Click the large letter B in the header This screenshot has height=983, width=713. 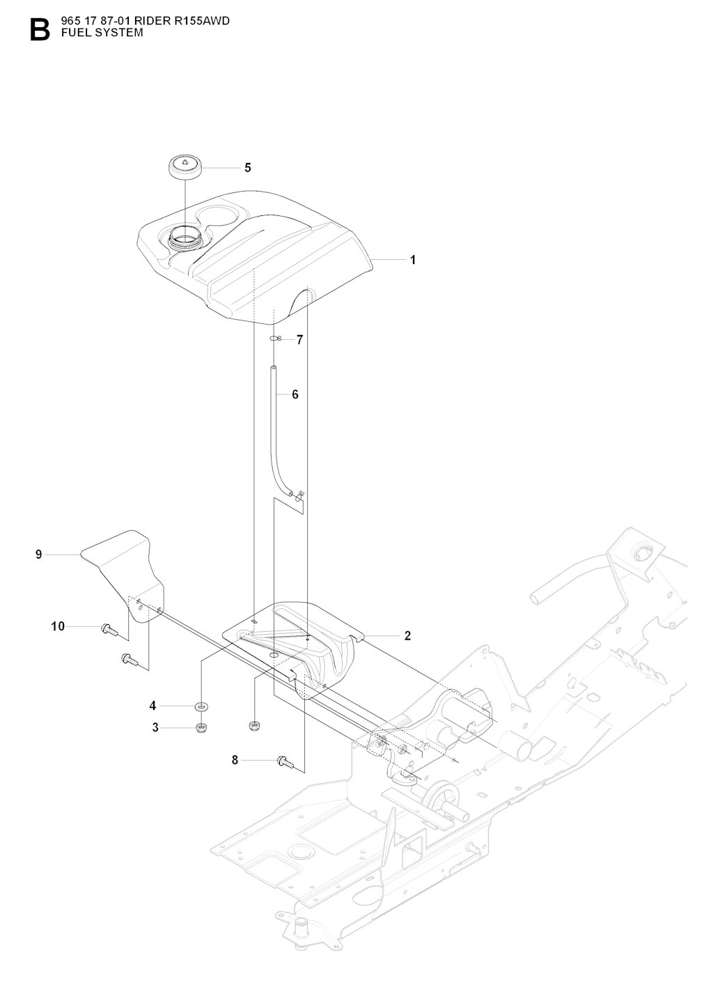click(x=40, y=30)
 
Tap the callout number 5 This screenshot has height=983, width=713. click(x=247, y=168)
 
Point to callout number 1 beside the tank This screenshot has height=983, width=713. click(x=413, y=260)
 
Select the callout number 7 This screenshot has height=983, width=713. click(x=299, y=340)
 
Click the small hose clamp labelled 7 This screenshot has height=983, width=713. click(x=274, y=339)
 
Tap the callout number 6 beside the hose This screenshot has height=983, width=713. click(x=295, y=394)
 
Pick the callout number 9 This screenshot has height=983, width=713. click(x=39, y=555)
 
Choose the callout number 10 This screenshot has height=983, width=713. click(x=58, y=626)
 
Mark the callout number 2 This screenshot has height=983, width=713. click(x=407, y=635)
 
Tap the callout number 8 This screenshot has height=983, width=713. click(x=235, y=760)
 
